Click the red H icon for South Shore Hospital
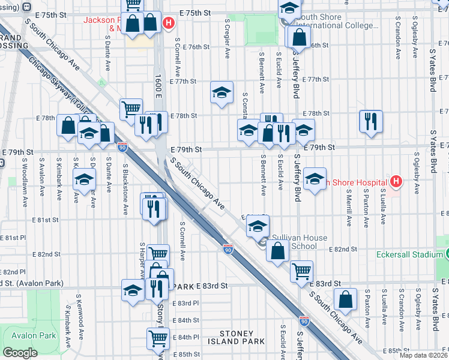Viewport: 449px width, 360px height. tap(396, 181)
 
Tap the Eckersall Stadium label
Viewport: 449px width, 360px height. tap(409, 254)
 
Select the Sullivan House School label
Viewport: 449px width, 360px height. tap(300, 242)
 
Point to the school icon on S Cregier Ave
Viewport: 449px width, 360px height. tap(221, 93)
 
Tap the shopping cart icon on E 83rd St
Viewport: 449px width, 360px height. tap(301, 271)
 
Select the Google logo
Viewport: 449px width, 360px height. tap(20, 353)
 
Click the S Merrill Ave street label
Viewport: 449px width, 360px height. tap(349, 208)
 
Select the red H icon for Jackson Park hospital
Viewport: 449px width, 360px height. tap(169, 23)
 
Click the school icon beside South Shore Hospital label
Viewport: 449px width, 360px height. tap(315, 179)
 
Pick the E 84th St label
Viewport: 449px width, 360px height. tap(185, 320)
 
